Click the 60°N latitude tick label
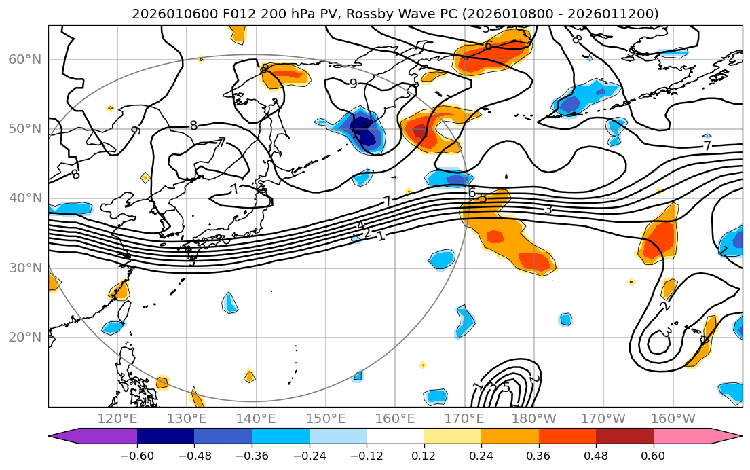tap(24, 60)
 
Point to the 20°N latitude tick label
tap(24, 338)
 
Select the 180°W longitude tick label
tap(533, 418)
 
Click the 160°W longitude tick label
tap(672, 418)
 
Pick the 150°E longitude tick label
tap(326, 418)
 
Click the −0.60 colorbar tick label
tap(137, 456)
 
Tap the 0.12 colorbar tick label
tap(424, 456)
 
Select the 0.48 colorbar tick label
tap(596, 456)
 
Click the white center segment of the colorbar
tap(395, 436)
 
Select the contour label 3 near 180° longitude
tap(548, 209)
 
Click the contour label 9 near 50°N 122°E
tap(135, 130)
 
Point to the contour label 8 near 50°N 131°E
tap(193, 126)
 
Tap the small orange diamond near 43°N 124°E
tap(145, 177)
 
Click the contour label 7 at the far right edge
tap(707, 146)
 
